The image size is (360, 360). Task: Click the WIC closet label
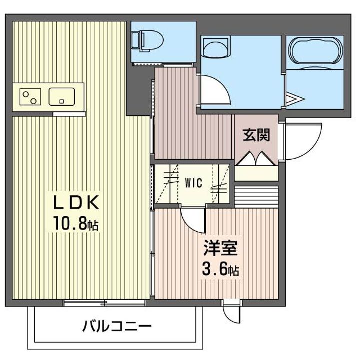pyautogui.click(x=194, y=183)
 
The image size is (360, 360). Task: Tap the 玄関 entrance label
pyautogui.click(x=256, y=136)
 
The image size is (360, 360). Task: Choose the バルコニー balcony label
pyautogui.click(x=117, y=328)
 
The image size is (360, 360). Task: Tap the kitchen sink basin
pyautogui.click(x=61, y=95)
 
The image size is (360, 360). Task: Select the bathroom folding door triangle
pyautogui.click(x=294, y=96)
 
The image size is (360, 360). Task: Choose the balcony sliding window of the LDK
pyautogui.click(x=105, y=302)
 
